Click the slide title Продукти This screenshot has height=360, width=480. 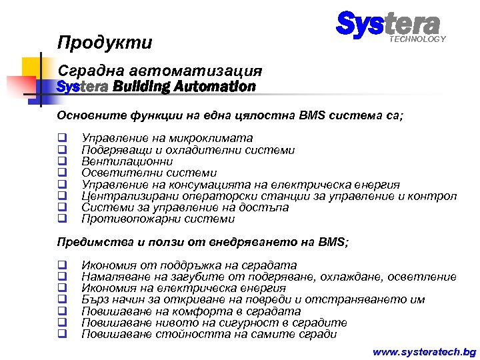(x=105, y=43)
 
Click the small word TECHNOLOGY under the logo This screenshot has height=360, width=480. (x=417, y=39)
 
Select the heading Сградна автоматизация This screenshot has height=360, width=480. (x=160, y=71)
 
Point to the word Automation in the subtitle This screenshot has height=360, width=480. (x=219, y=87)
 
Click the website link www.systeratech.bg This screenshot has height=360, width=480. (x=424, y=351)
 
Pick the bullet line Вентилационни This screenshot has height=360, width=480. (x=127, y=161)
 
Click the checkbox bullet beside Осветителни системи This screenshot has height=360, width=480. (x=61, y=173)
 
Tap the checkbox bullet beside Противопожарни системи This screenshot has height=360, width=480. (x=61, y=219)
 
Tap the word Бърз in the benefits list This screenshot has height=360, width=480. (x=94, y=299)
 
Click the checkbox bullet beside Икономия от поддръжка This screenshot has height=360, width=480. (x=61, y=265)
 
